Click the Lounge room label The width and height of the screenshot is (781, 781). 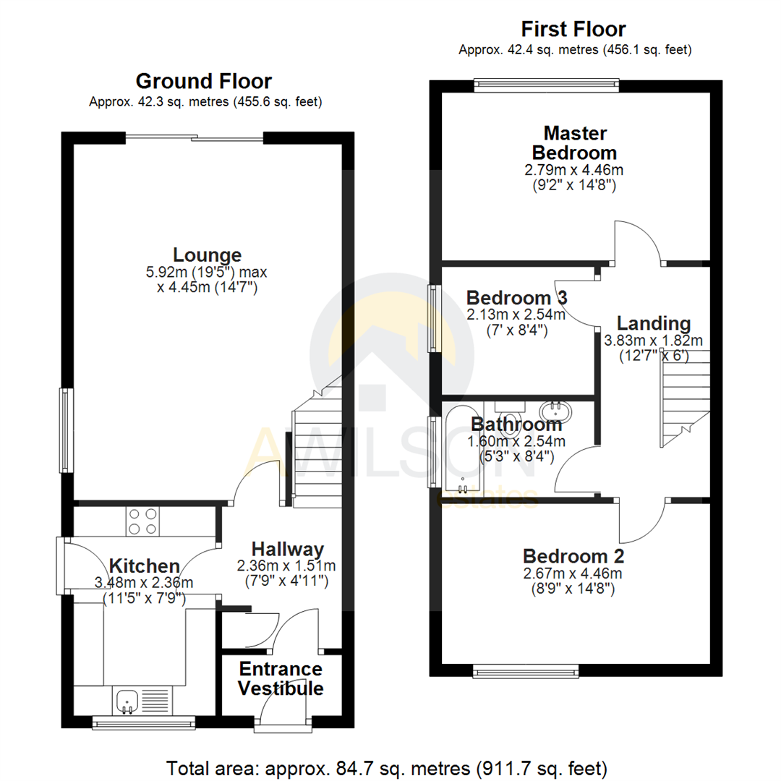(x=207, y=255)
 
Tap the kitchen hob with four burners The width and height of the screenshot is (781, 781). (x=142, y=521)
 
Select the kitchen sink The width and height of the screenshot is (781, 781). (x=127, y=700)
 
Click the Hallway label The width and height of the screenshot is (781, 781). (x=287, y=550)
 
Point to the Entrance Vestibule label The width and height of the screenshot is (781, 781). (x=281, y=678)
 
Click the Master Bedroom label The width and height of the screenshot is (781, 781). (x=575, y=142)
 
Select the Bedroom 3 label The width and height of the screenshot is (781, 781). (x=516, y=297)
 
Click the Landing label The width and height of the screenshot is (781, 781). (x=653, y=323)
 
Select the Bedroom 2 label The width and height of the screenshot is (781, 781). (x=573, y=556)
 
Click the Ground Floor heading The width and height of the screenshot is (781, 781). (x=204, y=81)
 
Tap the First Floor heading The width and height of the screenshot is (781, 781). (x=573, y=30)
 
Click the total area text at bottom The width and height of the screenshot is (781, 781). (x=387, y=767)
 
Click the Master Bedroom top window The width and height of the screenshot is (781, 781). (x=547, y=85)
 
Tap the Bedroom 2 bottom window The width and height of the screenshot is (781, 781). (x=526, y=672)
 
